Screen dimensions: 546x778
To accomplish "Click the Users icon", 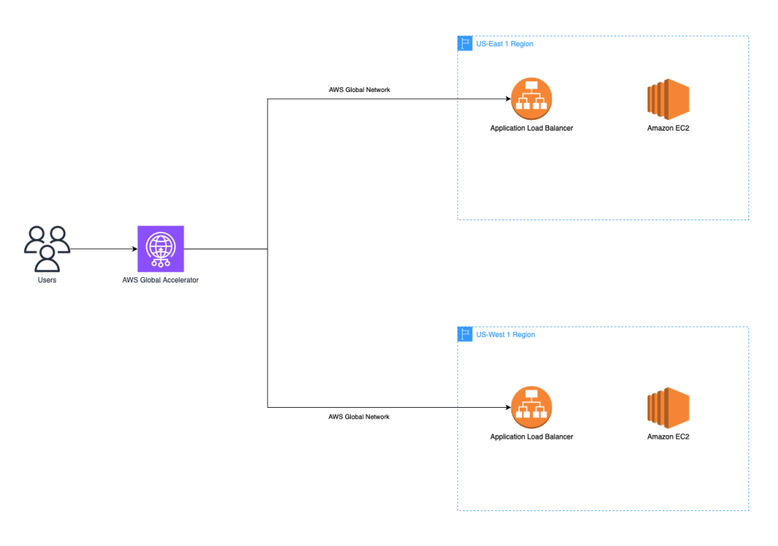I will tap(47, 248).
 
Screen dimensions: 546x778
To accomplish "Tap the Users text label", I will tap(47, 280).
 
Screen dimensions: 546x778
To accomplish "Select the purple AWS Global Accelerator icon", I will tap(160, 248).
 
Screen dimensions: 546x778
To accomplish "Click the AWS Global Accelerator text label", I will tap(160, 280).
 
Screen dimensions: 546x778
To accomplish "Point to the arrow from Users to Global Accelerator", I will tap(103, 248).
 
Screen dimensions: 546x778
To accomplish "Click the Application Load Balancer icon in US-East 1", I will tap(531, 99).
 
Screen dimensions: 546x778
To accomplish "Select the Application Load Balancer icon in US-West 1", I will tap(531, 408).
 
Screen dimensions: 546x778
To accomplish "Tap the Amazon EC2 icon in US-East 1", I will tap(668, 99).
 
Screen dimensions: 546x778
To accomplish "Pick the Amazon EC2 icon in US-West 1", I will tap(668, 408).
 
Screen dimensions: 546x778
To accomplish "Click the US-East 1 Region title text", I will tap(504, 44).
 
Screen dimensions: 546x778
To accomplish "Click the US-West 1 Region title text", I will tap(505, 335).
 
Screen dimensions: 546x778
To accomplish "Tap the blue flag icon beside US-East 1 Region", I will tap(465, 43).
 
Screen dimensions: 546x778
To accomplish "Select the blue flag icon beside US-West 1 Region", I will tap(465, 334).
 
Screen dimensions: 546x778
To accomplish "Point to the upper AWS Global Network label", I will tap(359, 90).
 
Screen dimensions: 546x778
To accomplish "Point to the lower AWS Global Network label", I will tap(359, 417).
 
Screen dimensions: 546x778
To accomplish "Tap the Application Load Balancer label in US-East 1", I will tap(531, 128).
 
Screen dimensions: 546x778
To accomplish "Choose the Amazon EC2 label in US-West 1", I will tap(668, 437).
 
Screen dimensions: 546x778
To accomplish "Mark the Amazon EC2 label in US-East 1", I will tap(668, 128).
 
